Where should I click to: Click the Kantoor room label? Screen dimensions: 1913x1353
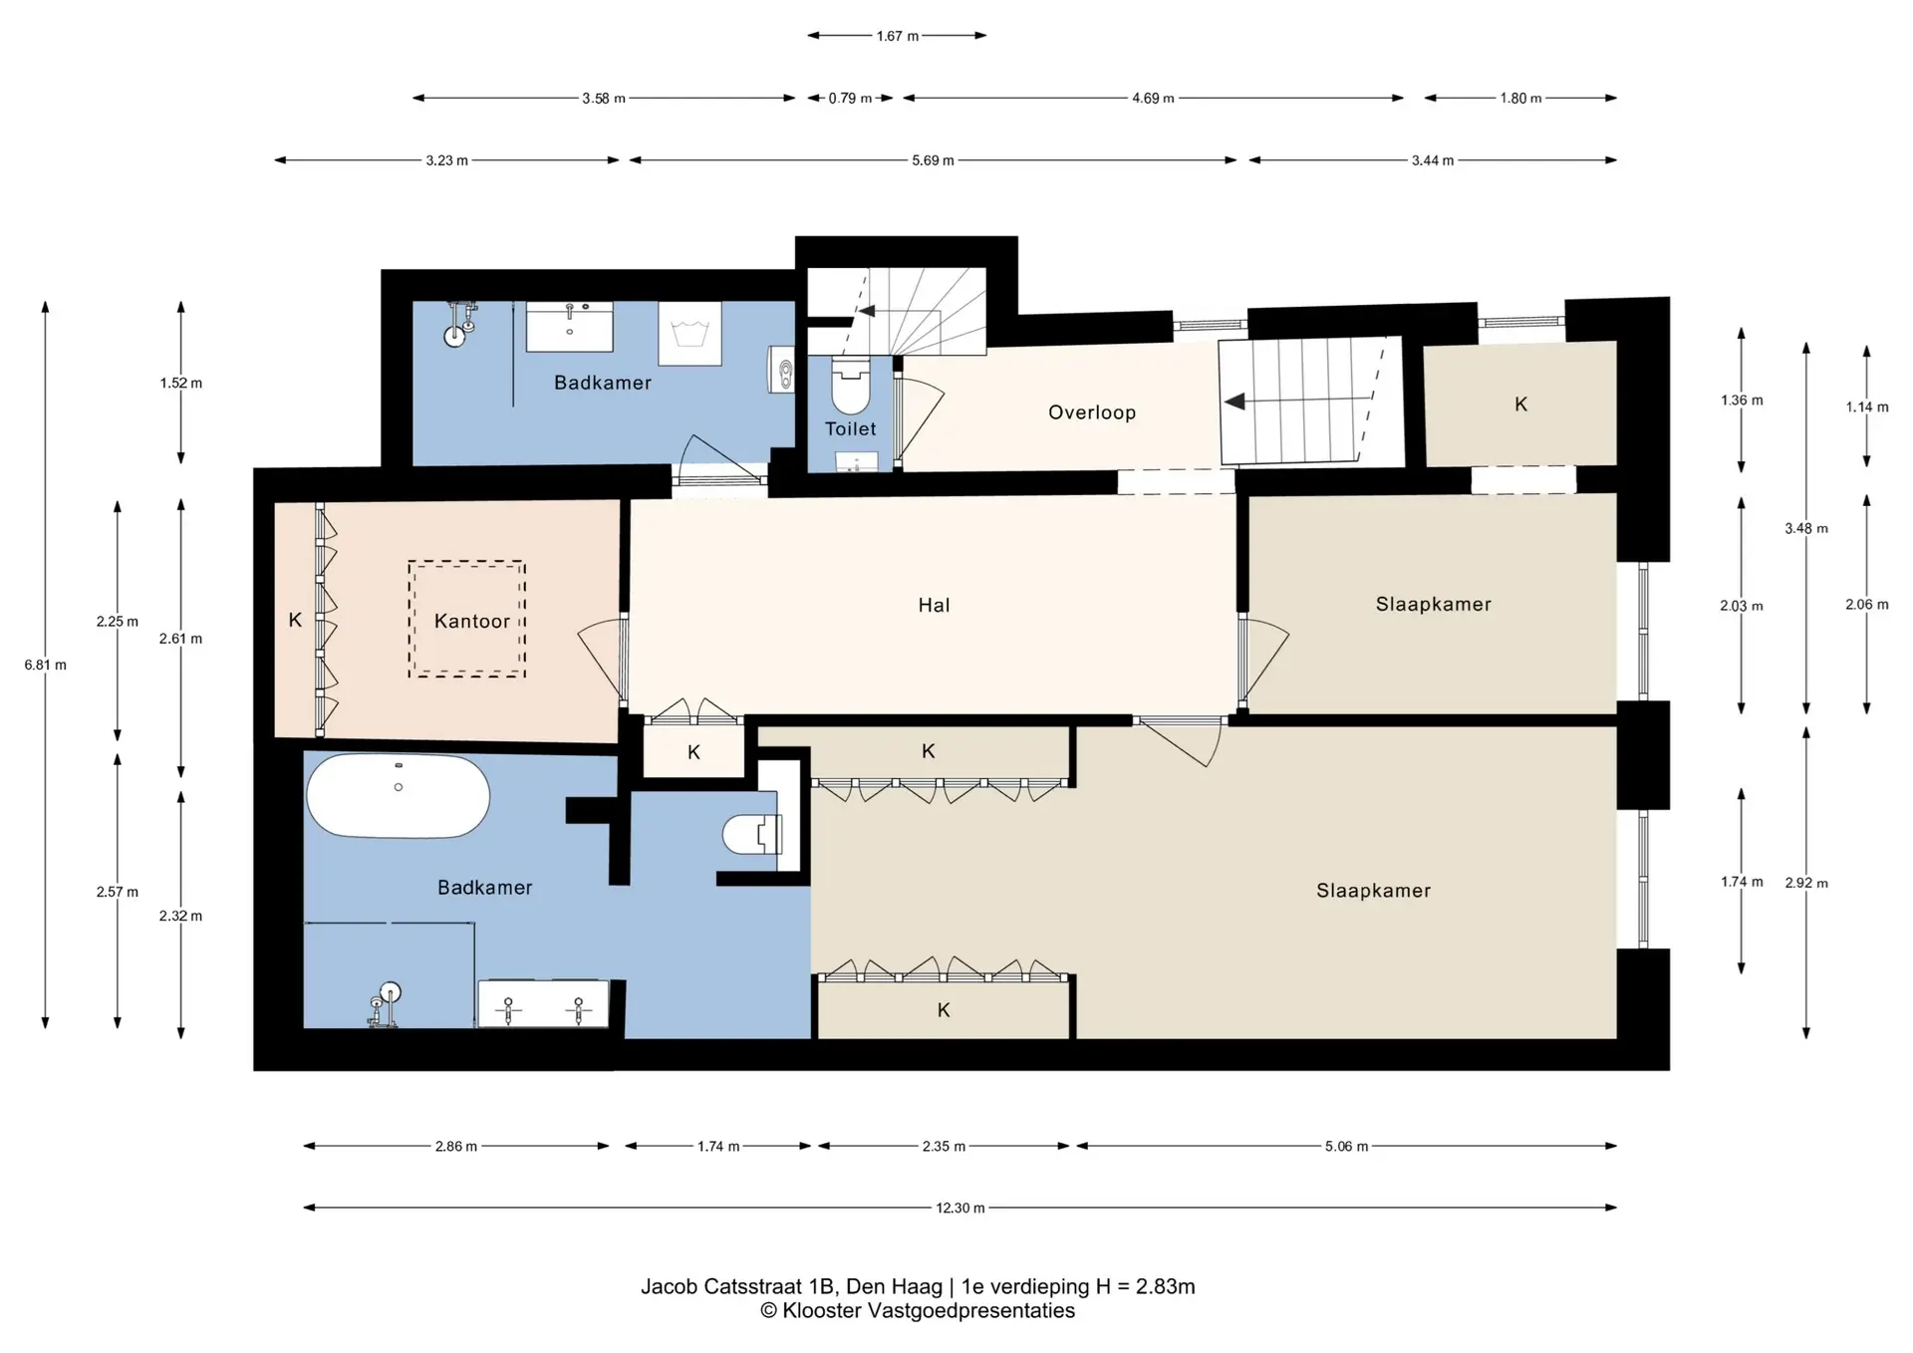click(x=471, y=621)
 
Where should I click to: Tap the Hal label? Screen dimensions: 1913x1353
click(x=934, y=605)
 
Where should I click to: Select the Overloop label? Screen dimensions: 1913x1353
click(x=1092, y=412)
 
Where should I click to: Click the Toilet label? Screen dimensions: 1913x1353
click(x=850, y=428)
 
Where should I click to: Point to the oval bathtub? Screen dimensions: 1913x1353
click(x=399, y=795)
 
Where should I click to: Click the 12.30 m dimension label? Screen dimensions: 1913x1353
click(x=959, y=1208)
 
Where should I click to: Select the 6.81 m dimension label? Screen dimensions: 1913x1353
click(x=46, y=665)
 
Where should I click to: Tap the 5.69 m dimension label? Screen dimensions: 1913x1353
click(x=933, y=160)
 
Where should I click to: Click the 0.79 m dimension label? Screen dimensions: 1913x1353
click(x=850, y=99)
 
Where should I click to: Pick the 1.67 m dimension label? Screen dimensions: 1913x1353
click(x=898, y=36)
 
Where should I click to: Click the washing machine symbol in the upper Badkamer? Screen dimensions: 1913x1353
click(x=689, y=334)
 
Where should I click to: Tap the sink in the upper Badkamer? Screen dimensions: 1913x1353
click(x=569, y=327)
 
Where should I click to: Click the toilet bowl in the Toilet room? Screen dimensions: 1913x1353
click(x=851, y=386)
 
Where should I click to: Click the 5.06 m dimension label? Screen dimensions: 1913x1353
click(x=1346, y=1146)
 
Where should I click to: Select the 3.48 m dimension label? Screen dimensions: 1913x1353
click(x=1806, y=528)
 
